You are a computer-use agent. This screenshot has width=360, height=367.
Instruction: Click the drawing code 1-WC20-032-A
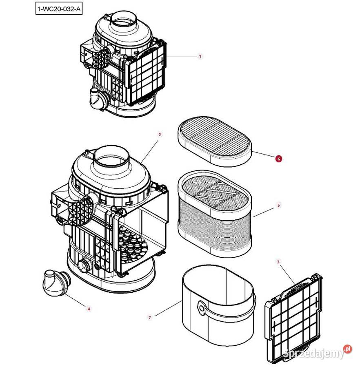[59, 9]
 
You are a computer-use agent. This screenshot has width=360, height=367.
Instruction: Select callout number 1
[200, 56]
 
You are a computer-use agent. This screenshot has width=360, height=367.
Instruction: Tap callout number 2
[160, 134]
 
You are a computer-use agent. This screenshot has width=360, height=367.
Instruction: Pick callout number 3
[278, 262]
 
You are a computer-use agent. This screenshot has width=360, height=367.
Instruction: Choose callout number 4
[89, 309]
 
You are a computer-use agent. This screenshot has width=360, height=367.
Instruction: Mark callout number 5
[279, 205]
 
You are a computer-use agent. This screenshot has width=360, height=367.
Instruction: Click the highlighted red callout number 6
[278, 159]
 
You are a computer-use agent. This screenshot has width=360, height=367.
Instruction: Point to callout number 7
[150, 317]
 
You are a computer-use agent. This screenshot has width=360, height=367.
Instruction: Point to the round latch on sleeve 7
[201, 308]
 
